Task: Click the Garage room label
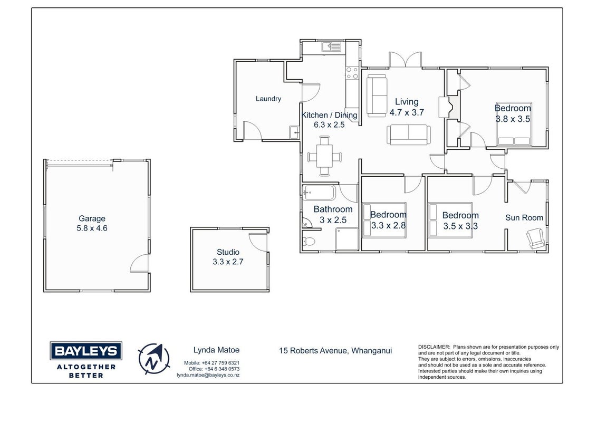click(92, 218)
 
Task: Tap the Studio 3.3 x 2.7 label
click(228, 257)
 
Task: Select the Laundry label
click(268, 99)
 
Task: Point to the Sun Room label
click(524, 217)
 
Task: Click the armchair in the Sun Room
click(536, 238)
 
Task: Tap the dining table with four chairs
click(324, 156)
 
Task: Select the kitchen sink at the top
click(332, 47)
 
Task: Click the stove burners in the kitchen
click(352, 73)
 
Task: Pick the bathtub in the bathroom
click(319, 193)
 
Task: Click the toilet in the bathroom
click(308, 241)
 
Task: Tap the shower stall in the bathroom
click(347, 239)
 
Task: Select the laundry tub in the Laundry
click(294, 132)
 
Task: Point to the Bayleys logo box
click(86, 351)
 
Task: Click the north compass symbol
click(154, 359)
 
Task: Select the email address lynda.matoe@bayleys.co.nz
click(208, 375)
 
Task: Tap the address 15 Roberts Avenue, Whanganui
click(335, 351)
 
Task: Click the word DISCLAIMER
click(434, 347)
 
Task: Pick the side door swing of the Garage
click(139, 264)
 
